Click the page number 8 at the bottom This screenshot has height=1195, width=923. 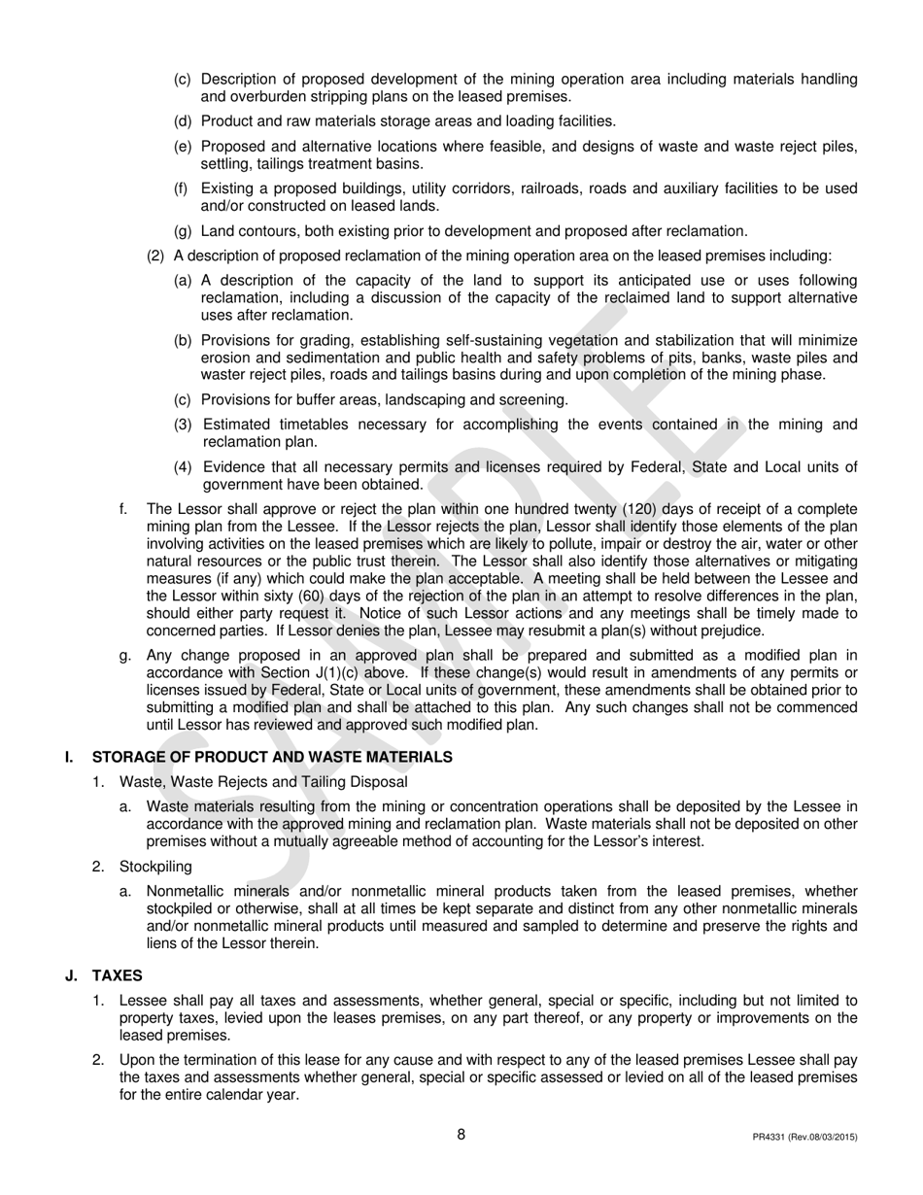(461, 1134)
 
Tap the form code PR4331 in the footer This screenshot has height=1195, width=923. (771, 1137)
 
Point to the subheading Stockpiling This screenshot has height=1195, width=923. (155, 866)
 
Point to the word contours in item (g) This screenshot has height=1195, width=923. (268, 231)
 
